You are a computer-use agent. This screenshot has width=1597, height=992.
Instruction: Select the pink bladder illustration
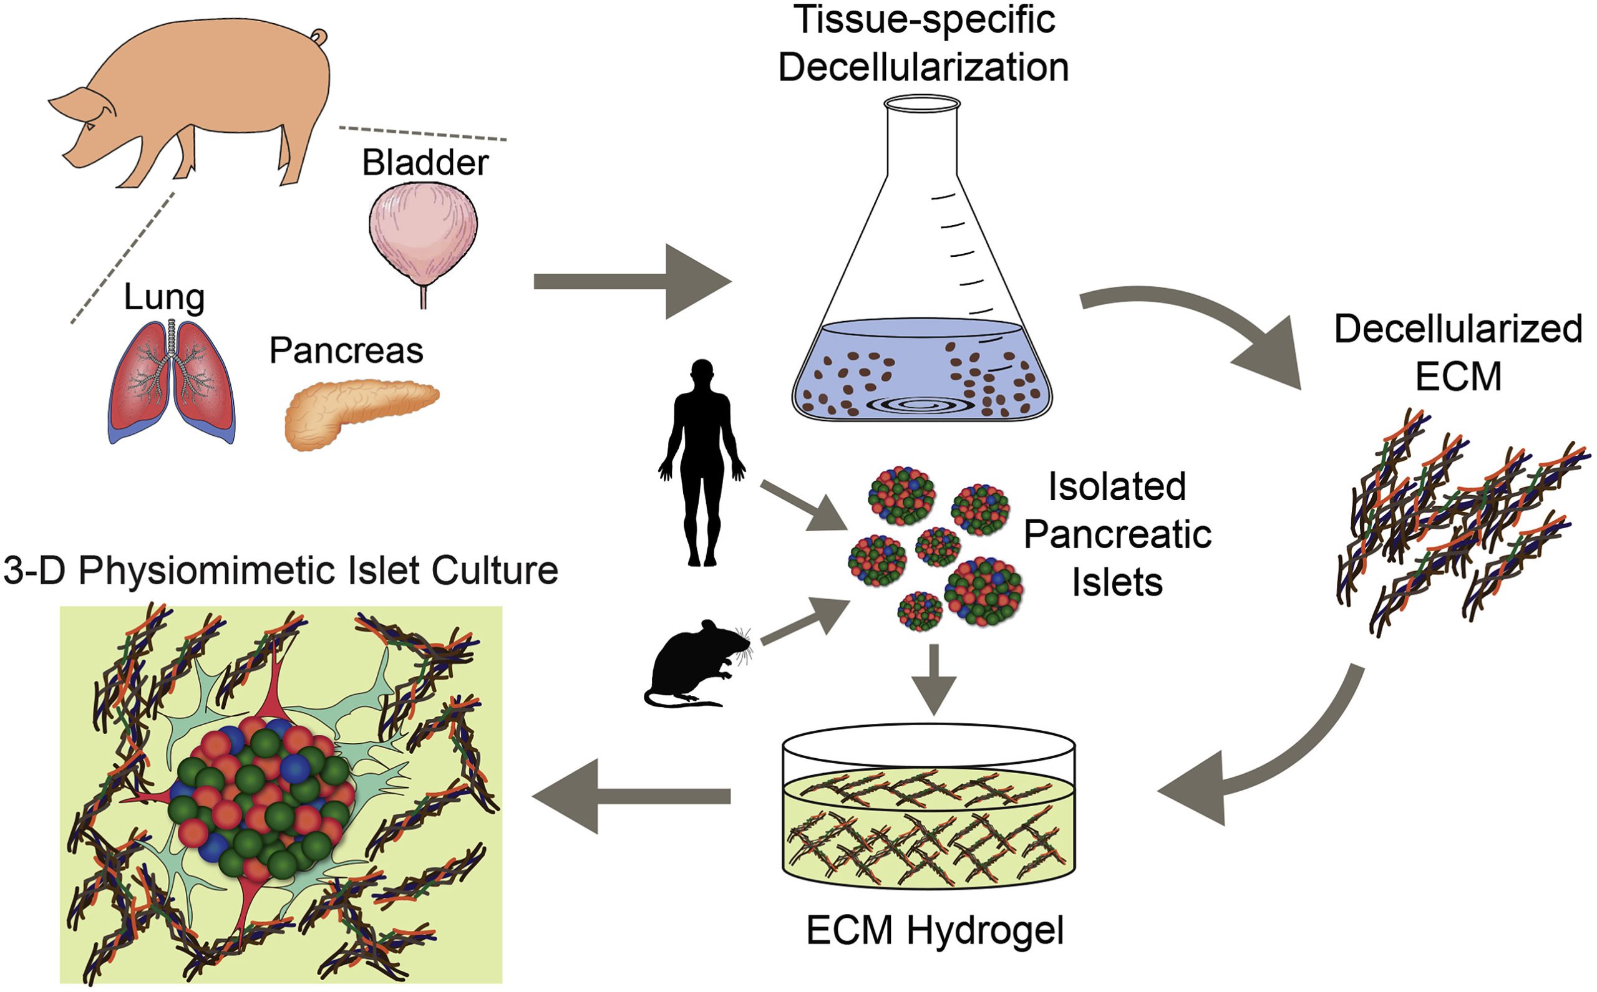[x=423, y=236]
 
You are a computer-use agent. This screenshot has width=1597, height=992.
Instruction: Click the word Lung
[x=164, y=297]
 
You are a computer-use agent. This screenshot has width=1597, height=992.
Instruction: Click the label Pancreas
[x=346, y=350]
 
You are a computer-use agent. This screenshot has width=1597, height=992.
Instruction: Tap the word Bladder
[x=425, y=162]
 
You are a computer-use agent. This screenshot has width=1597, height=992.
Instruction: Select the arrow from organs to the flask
[x=630, y=281]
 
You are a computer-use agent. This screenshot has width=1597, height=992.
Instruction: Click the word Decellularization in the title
[x=923, y=67]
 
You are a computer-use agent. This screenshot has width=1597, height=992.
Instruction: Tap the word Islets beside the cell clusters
[x=1117, y=582]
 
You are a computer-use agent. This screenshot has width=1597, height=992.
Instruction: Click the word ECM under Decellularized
[x=1459, y=376]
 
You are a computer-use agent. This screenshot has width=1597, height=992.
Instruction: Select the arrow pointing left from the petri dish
[x=630, y=796]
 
